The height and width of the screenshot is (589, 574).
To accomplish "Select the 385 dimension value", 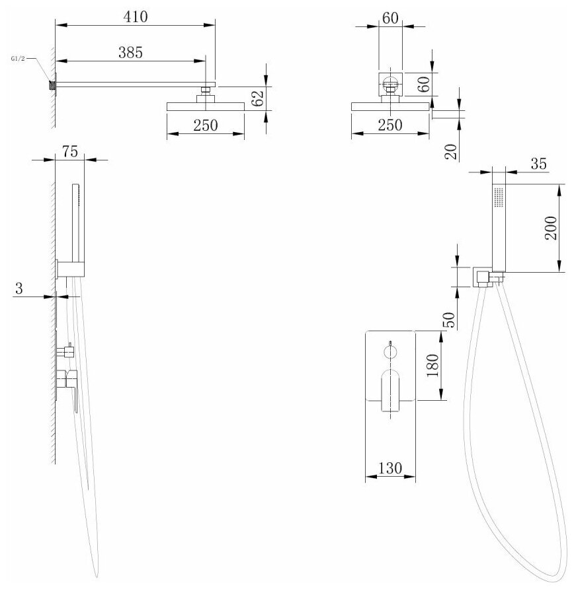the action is (131, 53).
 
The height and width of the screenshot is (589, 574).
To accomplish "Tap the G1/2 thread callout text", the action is (19, 59).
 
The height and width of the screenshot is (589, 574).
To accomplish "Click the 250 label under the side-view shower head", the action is (206, 126).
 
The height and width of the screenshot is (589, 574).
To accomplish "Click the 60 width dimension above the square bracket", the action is (391, 18).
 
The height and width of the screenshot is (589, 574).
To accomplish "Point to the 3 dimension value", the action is (19, 288).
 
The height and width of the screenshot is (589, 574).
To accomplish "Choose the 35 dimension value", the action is (539, 164).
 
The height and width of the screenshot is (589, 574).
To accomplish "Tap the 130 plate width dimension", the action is (389, 468).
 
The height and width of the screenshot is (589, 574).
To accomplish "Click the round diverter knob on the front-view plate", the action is (390, 350).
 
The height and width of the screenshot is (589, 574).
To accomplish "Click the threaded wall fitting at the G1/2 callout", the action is (51, 85).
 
